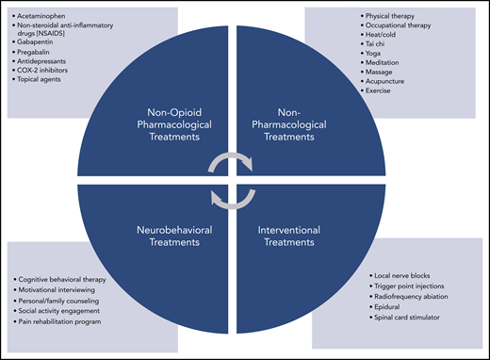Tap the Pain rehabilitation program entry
pos(71,321)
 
